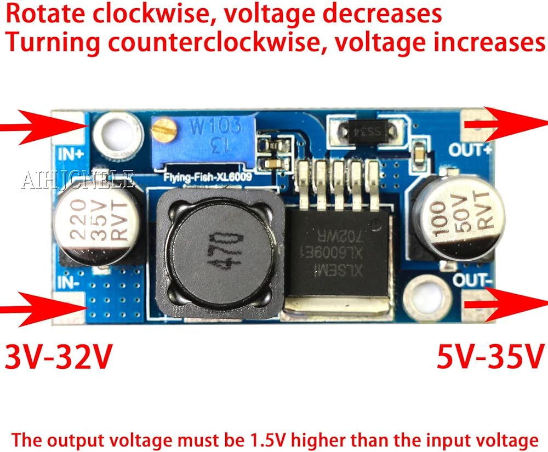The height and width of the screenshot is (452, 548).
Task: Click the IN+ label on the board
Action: click(71, 154)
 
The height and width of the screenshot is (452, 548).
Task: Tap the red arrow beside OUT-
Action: click(507, 303)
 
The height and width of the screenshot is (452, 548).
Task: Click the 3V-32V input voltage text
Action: click(59, 357)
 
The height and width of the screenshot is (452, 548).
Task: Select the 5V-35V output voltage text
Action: click(490, 357)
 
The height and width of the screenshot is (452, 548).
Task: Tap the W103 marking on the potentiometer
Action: click(215, 127)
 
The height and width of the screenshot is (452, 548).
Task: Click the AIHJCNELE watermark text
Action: click(77, 179)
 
